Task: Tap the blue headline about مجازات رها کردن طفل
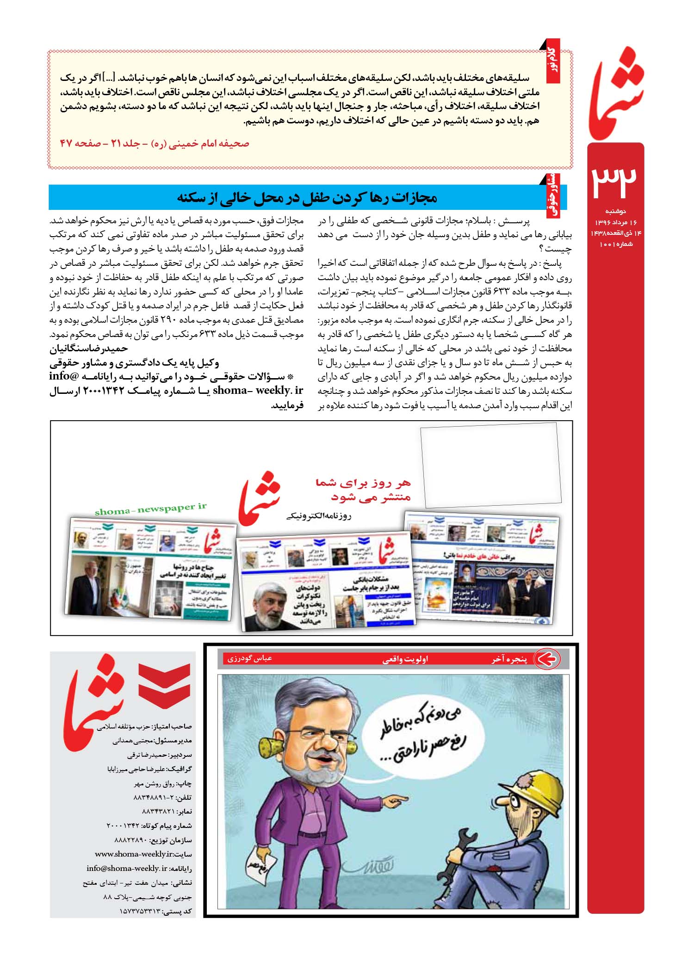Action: pyautogui.click(x=307, y=198)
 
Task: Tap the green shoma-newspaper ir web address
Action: pyautogui.click(x=150, y=509)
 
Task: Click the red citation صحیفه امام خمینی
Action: pyautogui.click(x=155, y=144)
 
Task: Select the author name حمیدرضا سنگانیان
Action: pyautogui.click(x=89, y=348)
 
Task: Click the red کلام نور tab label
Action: pyautogui.click(x=552, y=61)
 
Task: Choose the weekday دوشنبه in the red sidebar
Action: pyautogui.click(x=615, y=211)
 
